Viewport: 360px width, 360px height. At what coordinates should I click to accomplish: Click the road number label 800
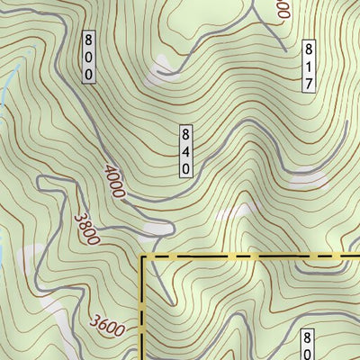coord(88,57)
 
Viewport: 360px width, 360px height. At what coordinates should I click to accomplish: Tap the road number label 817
coord(308,65)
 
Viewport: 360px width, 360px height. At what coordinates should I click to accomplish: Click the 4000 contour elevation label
coord(115,183)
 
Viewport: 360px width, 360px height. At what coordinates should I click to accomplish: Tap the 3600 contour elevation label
coord(108,321)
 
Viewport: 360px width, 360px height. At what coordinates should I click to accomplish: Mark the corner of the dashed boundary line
coord(143,257)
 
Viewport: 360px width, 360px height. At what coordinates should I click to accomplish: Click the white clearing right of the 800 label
coord(163,64)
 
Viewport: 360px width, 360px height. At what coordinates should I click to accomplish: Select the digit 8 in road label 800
coord(88,39)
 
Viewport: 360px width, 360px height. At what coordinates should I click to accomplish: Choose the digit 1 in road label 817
coord(308,65)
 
